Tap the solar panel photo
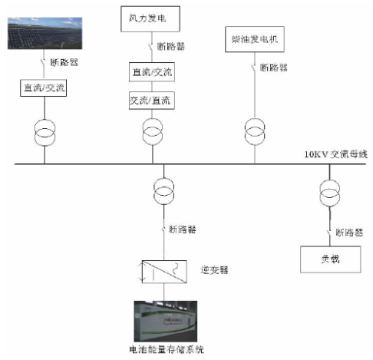[45, 31]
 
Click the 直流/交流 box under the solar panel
[45, 88]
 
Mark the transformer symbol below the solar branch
[45, 131]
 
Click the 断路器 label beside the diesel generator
[274, 68]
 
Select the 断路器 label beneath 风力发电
[170, 47]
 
